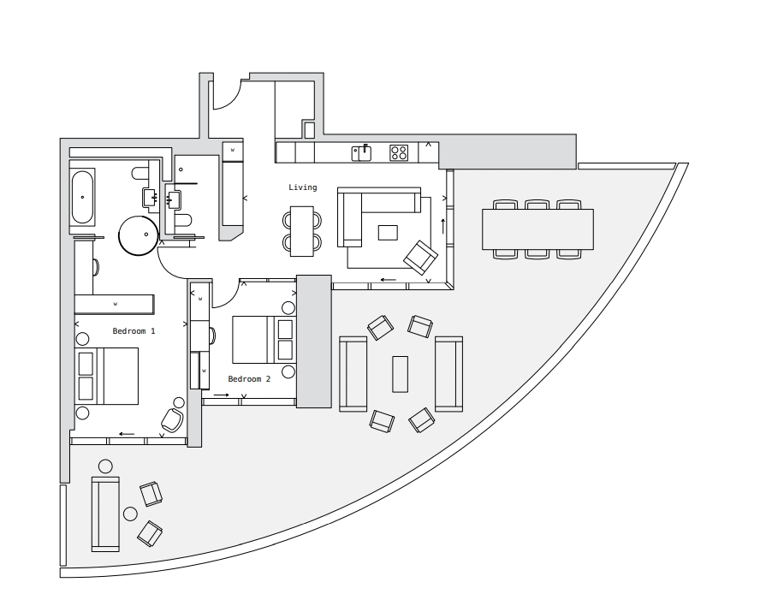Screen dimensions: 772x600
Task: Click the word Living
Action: [302, 187]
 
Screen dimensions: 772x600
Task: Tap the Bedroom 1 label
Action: [134, 330]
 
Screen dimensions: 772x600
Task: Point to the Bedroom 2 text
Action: [249, 378]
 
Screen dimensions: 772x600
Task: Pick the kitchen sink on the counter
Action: [361, 152]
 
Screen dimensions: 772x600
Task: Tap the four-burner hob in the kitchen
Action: [399, 152]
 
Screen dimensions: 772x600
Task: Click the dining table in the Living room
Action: [302, 230]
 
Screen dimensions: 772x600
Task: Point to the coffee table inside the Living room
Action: [388, 233]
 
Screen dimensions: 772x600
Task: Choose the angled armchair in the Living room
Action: [420, 257]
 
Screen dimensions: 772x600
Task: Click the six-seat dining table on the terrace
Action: [537, 229]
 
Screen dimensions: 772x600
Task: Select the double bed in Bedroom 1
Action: [109, 376]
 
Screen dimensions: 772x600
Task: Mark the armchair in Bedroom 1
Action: [172, 419]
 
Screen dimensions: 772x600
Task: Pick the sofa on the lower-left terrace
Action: [106, 514]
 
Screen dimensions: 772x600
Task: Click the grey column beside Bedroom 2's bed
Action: [313, 341]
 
